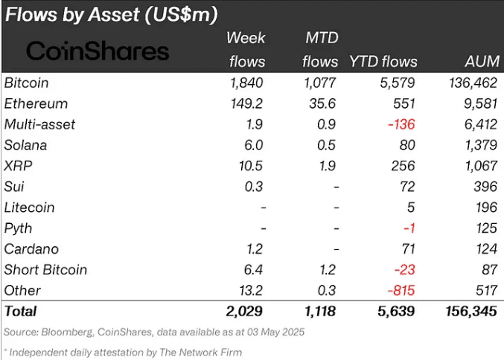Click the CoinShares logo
(98, 51)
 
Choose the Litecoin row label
(29, 208)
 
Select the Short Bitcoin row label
(45, 269)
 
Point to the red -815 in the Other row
(399, 290)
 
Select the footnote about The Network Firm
(123, 352)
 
